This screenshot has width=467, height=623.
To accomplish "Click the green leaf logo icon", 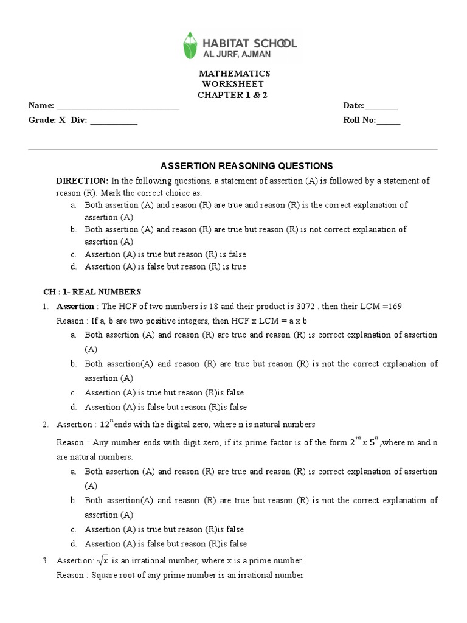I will click(191, 45).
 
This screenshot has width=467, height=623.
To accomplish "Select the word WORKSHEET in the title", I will click(233, 84).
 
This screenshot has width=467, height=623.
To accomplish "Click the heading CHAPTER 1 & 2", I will click(232, 95).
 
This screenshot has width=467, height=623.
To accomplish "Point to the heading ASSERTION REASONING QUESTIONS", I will click(246, 165).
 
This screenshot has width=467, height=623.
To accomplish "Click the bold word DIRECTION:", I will click(82, 181).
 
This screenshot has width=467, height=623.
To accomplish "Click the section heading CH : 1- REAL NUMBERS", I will click(92, 292).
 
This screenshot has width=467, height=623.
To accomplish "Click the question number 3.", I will click(46, 561).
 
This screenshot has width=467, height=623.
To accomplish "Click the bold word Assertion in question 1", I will click(75, 307).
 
